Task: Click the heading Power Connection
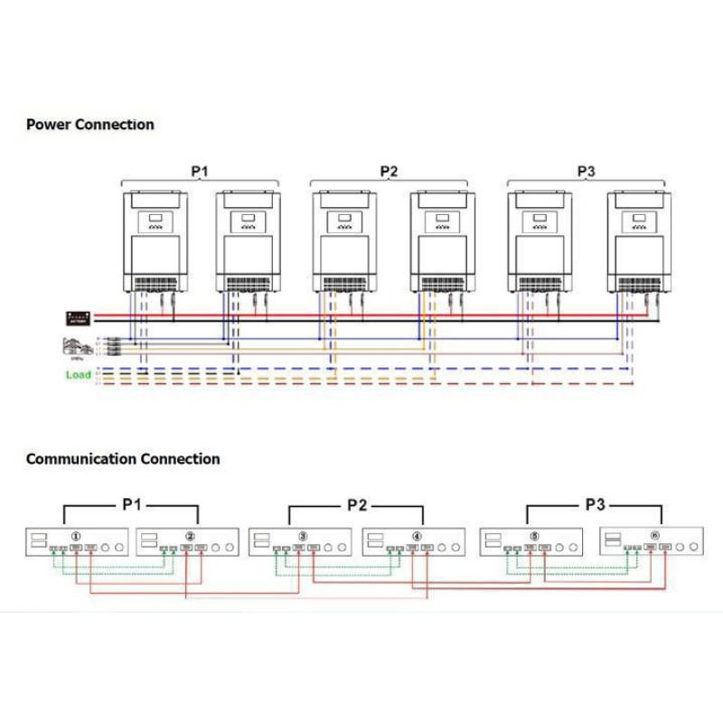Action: [x=90, y=125]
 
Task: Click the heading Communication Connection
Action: [x=123, y=459]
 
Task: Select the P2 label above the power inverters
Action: [x=389, y=171]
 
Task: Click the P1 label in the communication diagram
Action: [x=132, y=504]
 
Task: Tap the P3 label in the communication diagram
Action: [x=595, y=504]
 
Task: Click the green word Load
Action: [x=79, y=374]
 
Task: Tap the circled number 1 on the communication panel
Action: [x=77, y=534]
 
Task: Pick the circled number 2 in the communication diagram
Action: [x=191, y=534]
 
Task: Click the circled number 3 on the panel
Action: [x=303, y=534]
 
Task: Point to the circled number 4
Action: [x=417, y=534]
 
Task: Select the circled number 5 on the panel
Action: [x=534, y=534]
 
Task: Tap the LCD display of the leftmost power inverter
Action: [x=155, y=220]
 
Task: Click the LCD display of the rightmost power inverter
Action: [x=639, y=220]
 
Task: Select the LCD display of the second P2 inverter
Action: [x=443, y=220]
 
